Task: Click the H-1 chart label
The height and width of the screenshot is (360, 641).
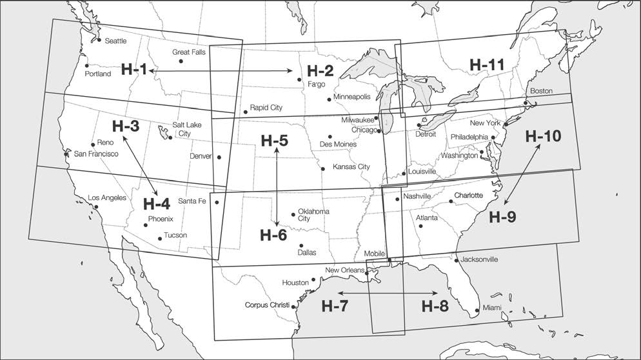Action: point(133,70)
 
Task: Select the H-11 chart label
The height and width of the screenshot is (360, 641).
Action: point(488,65)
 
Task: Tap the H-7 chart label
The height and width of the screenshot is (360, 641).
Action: point(335,306)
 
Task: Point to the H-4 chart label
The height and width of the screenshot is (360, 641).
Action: point(156,205)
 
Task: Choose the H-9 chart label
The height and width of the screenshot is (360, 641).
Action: point(502,217)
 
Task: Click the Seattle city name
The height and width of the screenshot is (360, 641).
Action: point(115,41)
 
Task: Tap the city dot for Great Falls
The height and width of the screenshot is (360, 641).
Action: point(181,61)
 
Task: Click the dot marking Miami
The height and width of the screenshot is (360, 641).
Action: point(477,311)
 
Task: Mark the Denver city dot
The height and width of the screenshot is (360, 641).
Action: point(219,157)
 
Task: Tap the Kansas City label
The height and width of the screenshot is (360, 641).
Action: point(351,167)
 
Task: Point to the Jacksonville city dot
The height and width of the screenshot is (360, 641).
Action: point(457,261)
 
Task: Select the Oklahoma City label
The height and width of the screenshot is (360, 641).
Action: point(313,215)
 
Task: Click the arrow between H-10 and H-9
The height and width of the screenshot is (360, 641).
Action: point(520,174)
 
